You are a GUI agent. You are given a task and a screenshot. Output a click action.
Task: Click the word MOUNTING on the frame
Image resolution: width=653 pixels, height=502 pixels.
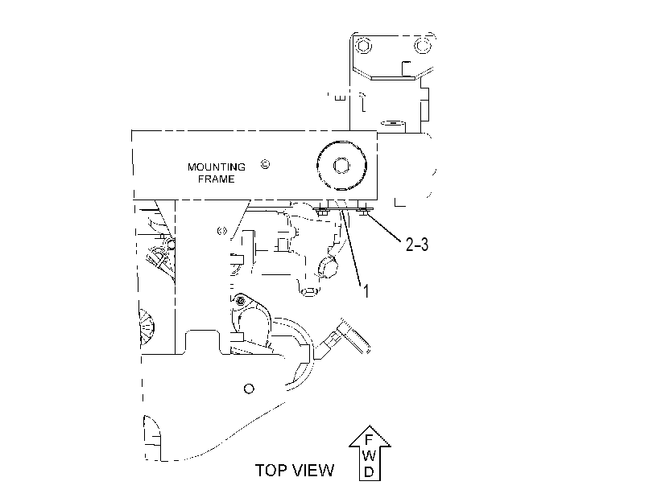[x=216, y=167]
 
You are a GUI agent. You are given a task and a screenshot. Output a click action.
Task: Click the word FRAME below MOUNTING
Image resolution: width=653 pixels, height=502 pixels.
[x=216, y=179]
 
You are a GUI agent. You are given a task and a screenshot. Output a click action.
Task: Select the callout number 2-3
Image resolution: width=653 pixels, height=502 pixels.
[x=417, y=245]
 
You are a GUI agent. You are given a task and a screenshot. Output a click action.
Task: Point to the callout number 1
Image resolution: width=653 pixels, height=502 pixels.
[x=366, y=291]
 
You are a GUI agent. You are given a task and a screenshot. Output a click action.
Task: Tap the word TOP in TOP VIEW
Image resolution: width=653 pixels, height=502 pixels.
[x=271, y=471]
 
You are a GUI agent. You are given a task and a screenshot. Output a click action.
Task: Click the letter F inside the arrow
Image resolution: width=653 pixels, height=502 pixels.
[x=369, y=439]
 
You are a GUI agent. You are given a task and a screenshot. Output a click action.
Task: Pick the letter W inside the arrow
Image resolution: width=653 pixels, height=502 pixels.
[x=369, y=456]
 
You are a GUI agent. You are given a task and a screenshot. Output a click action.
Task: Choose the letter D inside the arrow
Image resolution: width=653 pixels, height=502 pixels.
[x=369, y=471]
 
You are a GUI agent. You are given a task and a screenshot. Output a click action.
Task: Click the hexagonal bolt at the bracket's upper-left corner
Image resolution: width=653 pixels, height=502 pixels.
[x=364, y=45]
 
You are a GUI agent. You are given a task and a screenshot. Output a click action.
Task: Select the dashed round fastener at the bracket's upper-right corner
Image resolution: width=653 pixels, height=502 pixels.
[x=422, y=45]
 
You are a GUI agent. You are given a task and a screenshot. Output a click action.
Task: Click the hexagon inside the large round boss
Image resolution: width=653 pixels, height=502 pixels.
[x=341, y=166]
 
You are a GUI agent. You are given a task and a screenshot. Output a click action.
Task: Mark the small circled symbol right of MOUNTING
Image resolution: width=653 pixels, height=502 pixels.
[x=265, y=164]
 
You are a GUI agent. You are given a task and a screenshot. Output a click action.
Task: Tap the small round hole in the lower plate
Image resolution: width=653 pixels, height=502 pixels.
[x=249, y=389]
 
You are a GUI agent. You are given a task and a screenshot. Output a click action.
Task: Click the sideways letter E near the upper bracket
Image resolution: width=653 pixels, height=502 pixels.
[x=341, y=98]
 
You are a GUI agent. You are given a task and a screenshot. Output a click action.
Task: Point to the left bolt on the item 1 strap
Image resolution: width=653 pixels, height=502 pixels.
[x=322, y=212]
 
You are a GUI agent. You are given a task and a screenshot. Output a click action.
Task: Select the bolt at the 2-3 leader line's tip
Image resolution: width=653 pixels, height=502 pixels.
[x=364, y=212]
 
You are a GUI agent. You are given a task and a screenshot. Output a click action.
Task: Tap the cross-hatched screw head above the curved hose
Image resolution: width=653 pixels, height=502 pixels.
[x=240, y=301]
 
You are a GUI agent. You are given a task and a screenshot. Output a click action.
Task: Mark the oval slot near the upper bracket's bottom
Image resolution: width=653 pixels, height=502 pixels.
[x=393, y=123]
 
